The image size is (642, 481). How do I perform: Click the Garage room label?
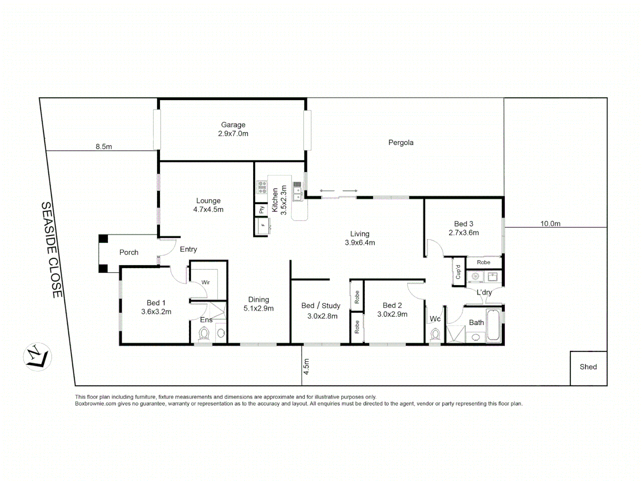click(233, 125)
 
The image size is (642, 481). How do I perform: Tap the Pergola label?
click(400, 143)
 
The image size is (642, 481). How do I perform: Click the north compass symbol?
click(37, 357)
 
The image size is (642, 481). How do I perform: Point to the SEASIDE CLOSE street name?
click(52, 249)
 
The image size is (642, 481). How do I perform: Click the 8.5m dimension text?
click(103, 147)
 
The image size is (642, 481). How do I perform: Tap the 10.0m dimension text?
click(550, 224)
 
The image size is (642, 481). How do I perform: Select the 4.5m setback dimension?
click(306, 366)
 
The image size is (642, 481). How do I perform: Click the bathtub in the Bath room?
click(494, 326)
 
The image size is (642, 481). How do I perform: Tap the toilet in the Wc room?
click(435, 334)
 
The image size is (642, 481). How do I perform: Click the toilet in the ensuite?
click(204, 334)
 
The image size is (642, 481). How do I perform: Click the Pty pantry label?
click(261, 209)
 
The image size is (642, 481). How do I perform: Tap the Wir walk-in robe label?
click(206, 282)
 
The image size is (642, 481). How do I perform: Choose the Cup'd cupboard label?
click(458, 272)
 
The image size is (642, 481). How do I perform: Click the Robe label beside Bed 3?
click(483, 262)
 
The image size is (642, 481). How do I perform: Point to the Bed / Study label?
click(321, 306)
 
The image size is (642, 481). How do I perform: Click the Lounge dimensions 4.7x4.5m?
click(208, 209)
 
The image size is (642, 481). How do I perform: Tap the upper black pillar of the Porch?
click(103, 239)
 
